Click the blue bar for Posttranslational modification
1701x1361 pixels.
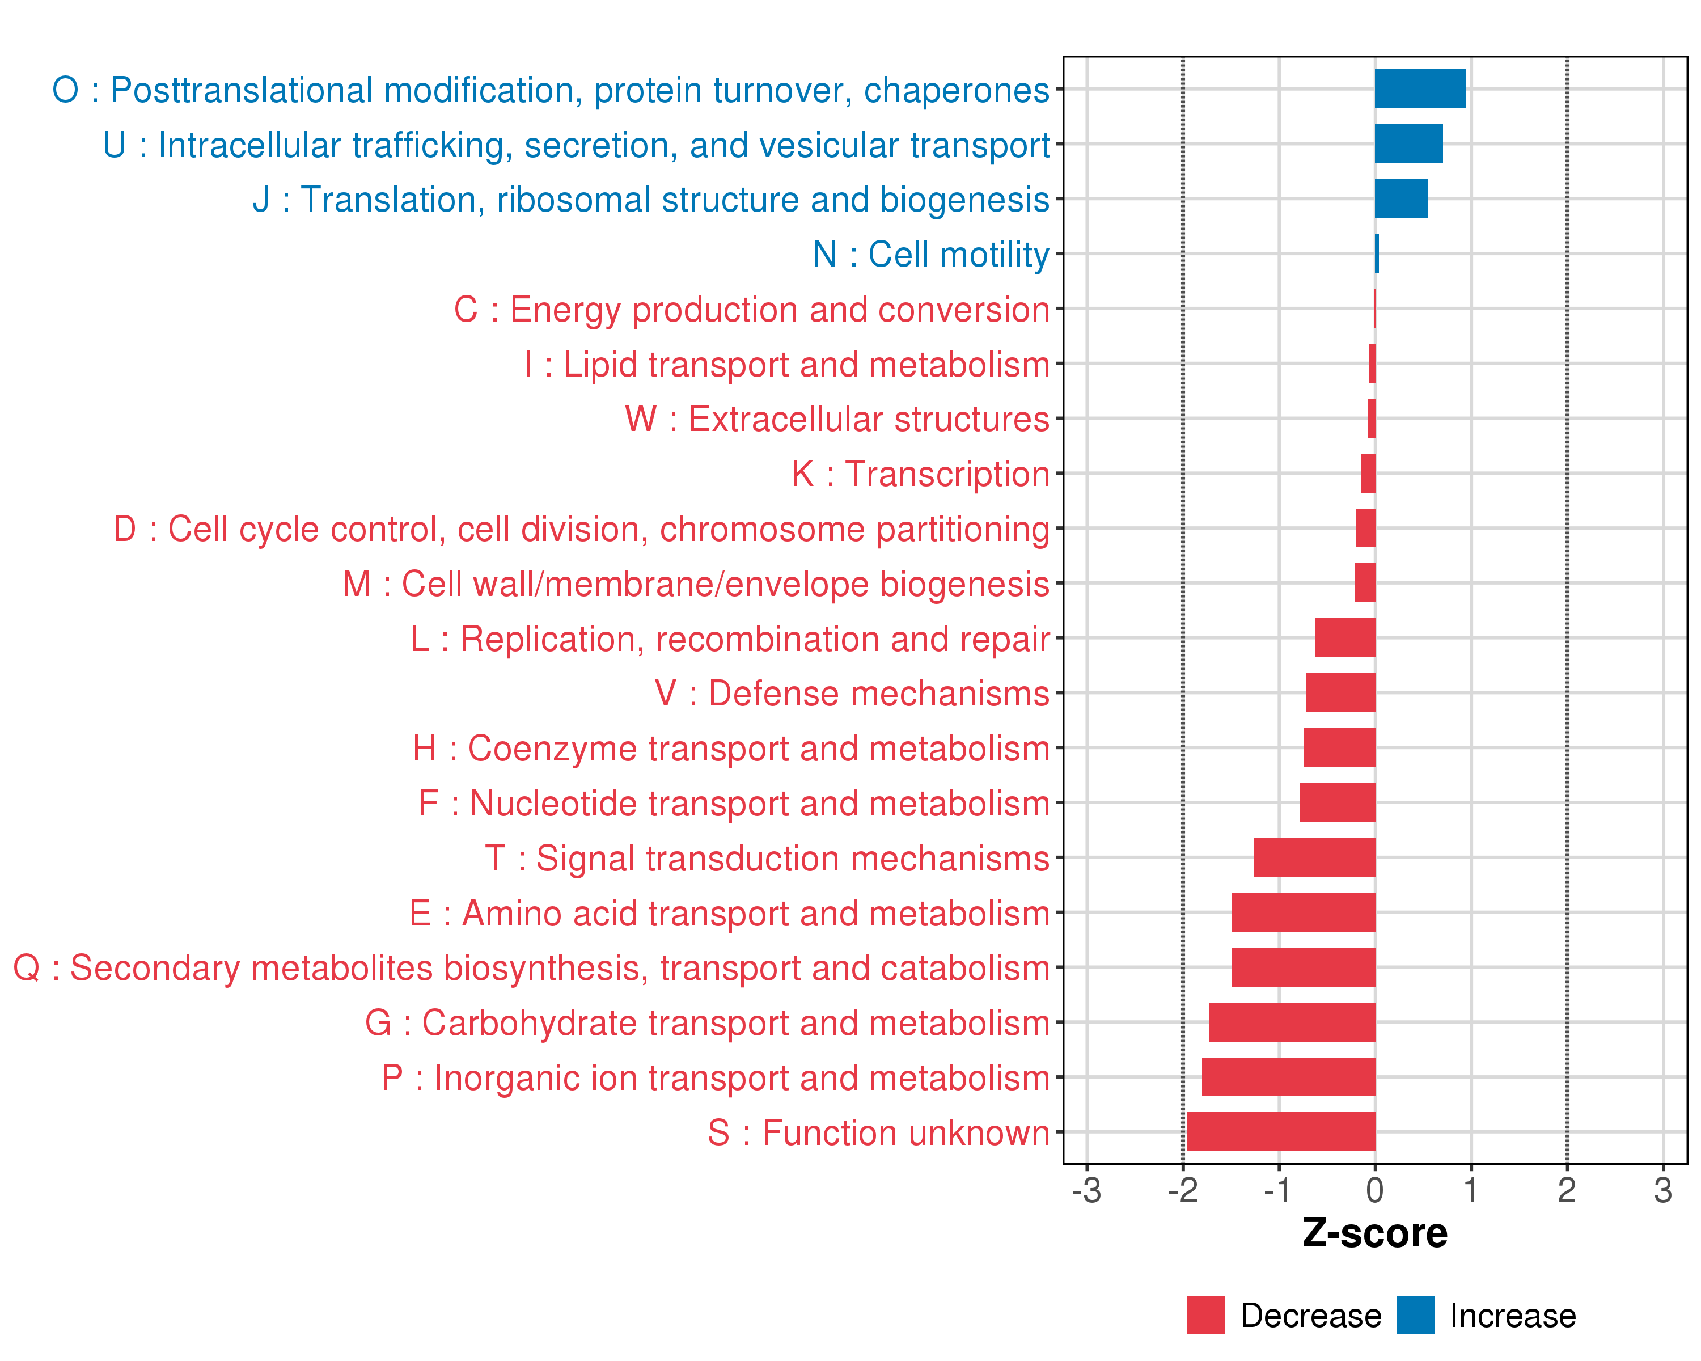click(x=1419, y=88)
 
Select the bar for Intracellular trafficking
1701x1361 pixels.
click(x=1408, y=143)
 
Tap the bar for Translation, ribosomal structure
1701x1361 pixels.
click(x=1401, y=199)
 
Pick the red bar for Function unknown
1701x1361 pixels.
click(x=1280, y=1131)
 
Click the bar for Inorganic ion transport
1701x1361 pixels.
click(x=1288, y=1077)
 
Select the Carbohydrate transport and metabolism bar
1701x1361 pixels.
click(x=1292, y=1022)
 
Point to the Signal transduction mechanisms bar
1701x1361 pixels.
click(x=1314, y=857)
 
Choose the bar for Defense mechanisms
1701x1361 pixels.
click(x=1340, y=693)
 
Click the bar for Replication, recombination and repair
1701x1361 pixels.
click(x=1345, y=637)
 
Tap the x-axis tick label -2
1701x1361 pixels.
click(x=1183, y=1190)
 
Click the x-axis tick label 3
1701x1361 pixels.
click(x=1663, y=1190)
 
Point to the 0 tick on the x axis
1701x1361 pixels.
click(x=1374, y=1190)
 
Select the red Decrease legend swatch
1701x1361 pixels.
click(x=1205, y=1315)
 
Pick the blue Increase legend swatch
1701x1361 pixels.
click(x=1415, y=1315)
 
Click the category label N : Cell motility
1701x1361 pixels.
click(x=931, y=254)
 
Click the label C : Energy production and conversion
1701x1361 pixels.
click(x=751, y=309)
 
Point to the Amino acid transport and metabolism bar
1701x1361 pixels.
click(x=1304, y=912)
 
